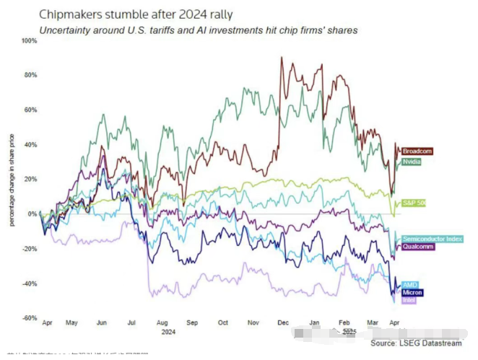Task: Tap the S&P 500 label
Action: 414,203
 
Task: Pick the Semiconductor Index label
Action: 432,238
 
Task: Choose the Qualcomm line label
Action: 418,247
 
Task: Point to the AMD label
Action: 409,284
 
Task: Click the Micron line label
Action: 412,292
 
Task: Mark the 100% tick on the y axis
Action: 29,40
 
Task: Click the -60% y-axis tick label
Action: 29,318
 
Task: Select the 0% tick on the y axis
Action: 32,214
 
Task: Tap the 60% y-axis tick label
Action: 30,110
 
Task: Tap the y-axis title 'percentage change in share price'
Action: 12,180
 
